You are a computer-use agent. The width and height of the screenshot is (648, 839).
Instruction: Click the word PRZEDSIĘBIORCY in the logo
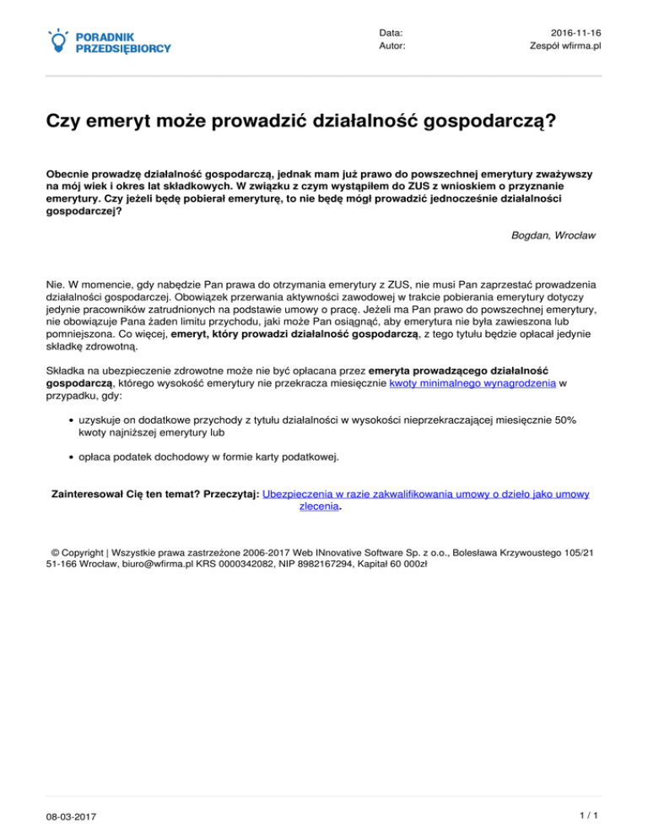coord(123,48)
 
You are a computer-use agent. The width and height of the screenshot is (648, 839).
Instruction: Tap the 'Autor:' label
coord(392,46)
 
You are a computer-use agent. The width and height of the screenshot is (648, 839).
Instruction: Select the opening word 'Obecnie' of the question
coord(69,169)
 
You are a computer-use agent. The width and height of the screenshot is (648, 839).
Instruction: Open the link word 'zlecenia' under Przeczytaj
coord(319,508)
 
